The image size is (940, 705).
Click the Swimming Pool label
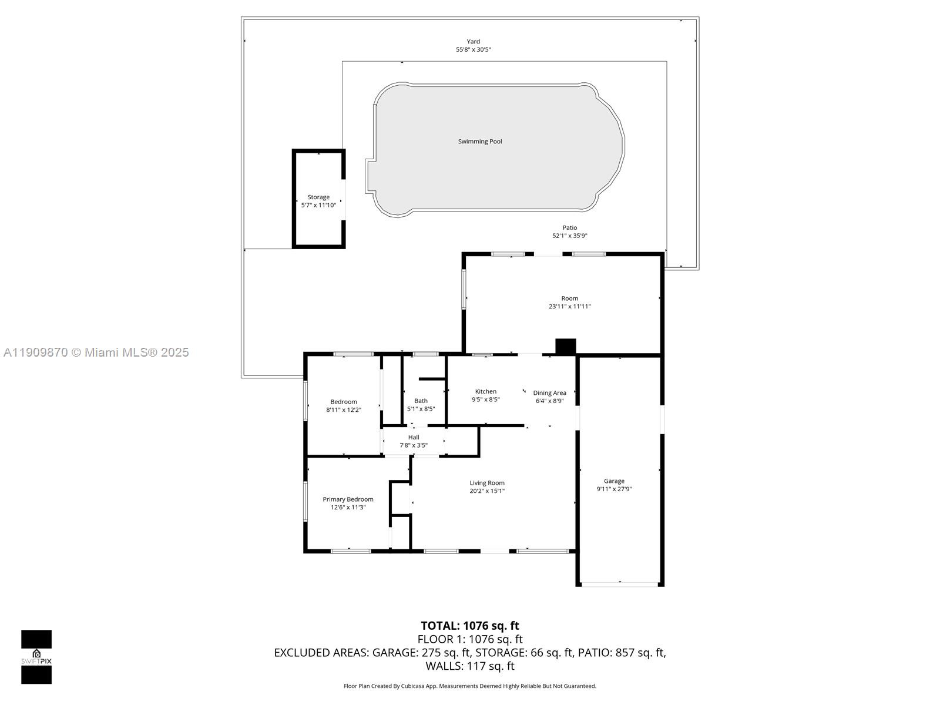[480, 142]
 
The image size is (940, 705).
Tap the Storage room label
[318, 197]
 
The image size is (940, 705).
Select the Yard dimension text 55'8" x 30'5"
[473, 50]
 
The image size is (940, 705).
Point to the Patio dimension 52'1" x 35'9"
[569, 236]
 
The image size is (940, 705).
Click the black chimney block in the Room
[566, 346]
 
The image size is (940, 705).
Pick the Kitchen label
[486, 391]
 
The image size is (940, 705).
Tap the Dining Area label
[549, 393]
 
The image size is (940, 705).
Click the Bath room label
[421, 401]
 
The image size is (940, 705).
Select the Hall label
[414, 437]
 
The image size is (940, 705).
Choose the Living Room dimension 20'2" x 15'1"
[487, 491]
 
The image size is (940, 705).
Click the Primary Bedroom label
[348, 499]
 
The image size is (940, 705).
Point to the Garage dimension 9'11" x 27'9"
[614, 489]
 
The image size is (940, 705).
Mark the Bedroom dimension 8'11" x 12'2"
[344, 410]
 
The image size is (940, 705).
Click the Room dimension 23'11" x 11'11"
[569, 307]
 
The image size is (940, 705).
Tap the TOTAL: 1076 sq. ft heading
[470, 626]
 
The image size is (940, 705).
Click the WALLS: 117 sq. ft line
[470, 666]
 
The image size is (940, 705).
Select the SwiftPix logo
[36, 657]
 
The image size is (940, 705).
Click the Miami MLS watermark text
[96, 352]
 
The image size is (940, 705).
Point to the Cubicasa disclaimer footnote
[470, 686]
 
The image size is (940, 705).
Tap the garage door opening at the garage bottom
[620, 584]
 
